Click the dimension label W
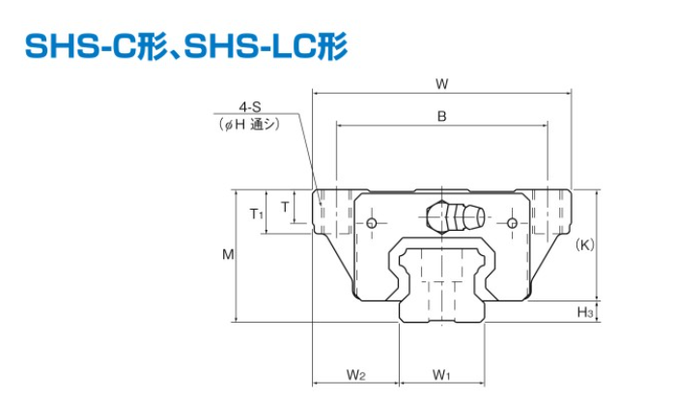click(x=440, y=83)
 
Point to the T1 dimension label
click(x=256, y=213)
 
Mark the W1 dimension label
click(x=441, y=374)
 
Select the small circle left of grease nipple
click(x=374, y=225)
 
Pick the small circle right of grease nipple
click(x=511, y=225)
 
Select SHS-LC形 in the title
click(x=265, y=45)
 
